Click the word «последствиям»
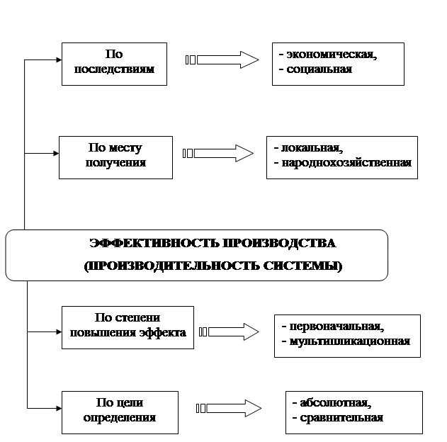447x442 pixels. (x=114, y=69)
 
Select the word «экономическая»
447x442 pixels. (x=332, y=55)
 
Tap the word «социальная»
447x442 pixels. (x=319, y=69)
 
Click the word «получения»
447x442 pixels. (x=115, y=163)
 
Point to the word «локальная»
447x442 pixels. (x=312, y=148)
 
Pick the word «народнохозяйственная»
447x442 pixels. (x=346, y=163)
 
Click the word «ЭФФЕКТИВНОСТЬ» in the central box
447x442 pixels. (x=154, y=244)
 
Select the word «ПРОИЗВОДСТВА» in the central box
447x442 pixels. (x=279, y=244)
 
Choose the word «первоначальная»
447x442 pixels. (x=336, y=327)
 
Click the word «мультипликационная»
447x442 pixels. (x=350, y=341)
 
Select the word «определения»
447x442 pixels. (x=120, y=418)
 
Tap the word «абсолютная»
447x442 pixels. (x=336, y=403)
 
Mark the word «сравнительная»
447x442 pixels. (x=341, y=418)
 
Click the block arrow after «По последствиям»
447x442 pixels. (x=222, y=59)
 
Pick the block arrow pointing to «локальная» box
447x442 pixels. (x=218, y=153)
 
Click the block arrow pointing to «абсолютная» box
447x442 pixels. (x=229, y=409)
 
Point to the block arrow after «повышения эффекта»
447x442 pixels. (x=229, y=331)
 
